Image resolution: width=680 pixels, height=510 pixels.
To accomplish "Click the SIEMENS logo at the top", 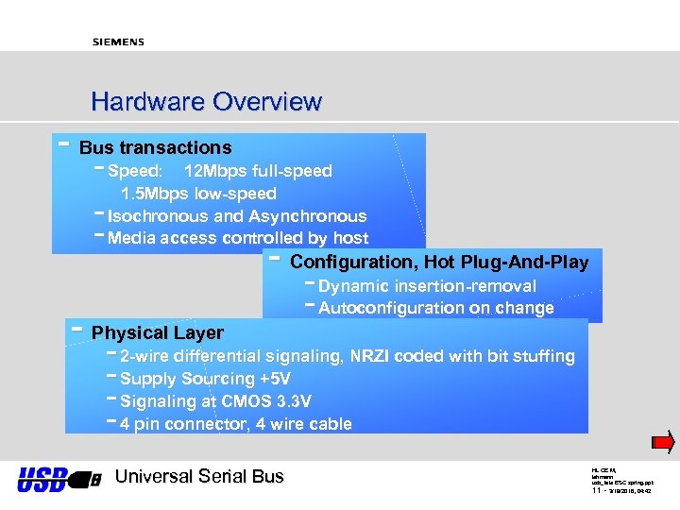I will coord(118,42).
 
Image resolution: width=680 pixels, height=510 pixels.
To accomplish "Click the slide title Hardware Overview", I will coord(206,101).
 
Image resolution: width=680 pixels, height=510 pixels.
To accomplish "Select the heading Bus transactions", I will coord(155,147).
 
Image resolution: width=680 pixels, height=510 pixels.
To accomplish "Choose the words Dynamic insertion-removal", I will coord(427,285).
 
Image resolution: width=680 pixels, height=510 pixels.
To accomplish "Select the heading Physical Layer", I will coord(157,332).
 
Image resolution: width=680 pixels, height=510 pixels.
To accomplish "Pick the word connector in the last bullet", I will coord(200,424).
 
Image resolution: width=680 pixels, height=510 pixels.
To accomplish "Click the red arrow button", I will coord(664,441).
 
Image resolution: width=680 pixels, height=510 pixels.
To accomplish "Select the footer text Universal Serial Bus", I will coord(198,476).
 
